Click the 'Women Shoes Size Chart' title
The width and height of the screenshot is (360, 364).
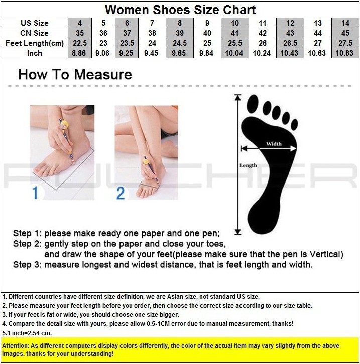pos(180,10)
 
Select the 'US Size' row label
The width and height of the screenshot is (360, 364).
pos(35,23)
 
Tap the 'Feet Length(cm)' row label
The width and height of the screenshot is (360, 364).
pos(35,43)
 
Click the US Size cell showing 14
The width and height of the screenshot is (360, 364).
pos(345,23)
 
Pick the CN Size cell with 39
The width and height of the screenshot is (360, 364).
pos(180,33)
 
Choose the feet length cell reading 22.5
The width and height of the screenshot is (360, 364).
pos(80,43)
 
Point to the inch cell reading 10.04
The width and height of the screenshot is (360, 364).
pos(234,53)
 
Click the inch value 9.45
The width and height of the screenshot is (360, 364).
pos(151,53)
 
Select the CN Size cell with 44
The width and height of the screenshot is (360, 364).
pos(318,33)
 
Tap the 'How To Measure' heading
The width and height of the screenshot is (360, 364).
pos(75,74)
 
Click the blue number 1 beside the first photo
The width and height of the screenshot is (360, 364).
pos(35,193)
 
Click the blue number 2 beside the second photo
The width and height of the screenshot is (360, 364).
pos(121,193)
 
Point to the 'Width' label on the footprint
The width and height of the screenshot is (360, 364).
pos(274,144)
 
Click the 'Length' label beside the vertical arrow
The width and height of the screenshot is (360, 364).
pos(248,165)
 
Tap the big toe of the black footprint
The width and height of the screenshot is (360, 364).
pos(253,104)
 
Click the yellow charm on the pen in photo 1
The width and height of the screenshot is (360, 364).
pos(64,125)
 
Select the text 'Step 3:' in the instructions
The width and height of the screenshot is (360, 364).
pos(27,265)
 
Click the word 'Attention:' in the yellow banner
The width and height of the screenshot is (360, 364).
pos(16,346)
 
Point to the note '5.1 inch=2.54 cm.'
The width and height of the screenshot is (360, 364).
pos(27,333)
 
